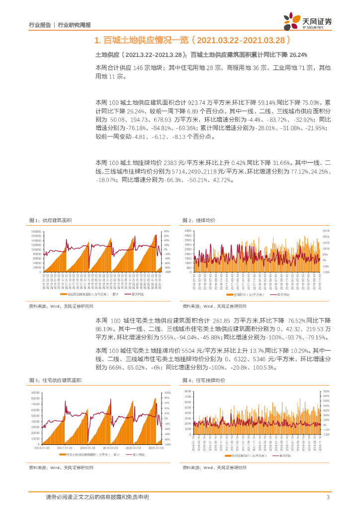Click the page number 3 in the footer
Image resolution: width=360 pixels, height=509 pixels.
[328, 497]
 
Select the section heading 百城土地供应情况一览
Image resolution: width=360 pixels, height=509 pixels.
[144, 40]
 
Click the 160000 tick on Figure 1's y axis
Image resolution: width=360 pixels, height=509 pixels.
[36, 232]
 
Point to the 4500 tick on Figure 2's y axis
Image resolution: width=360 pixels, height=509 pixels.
[188, 232]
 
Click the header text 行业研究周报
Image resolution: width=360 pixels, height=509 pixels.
[75, 23]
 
